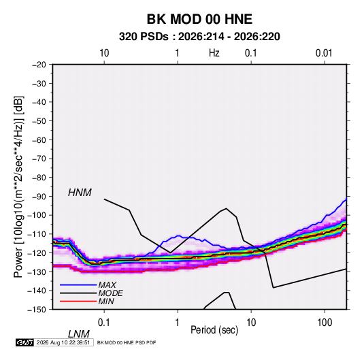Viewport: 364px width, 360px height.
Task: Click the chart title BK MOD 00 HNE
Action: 199,19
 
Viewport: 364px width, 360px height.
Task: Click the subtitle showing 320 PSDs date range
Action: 199,37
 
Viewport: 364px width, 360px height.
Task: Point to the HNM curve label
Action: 80,193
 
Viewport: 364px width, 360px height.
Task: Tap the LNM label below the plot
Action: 78,334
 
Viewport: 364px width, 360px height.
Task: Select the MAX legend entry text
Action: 107,285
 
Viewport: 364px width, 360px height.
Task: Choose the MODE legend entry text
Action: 110,293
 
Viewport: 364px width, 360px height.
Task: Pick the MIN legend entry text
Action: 106,301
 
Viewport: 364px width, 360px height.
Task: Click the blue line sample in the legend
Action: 78,285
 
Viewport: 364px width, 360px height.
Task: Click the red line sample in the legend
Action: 78,301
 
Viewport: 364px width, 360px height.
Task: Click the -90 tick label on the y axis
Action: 39,196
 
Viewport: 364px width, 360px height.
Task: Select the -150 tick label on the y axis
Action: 37,310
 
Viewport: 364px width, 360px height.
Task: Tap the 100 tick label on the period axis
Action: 325,323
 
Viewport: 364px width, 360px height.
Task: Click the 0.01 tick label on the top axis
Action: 324,53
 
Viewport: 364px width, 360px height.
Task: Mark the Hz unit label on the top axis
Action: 214,53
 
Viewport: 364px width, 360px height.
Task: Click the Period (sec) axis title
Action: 214,330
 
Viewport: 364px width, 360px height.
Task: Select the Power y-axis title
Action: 18,187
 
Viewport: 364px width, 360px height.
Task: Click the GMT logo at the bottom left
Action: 24,342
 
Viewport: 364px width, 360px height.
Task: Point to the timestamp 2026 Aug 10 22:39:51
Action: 63,342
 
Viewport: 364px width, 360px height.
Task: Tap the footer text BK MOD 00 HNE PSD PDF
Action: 127,342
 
